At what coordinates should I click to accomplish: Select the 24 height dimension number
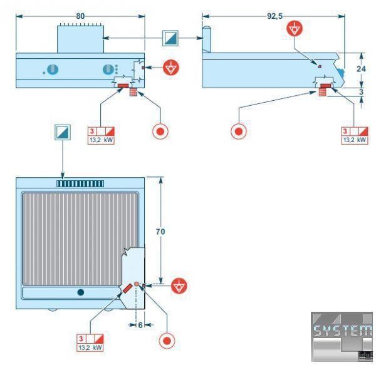pos(360,69)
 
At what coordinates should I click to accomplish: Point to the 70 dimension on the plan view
pos(160,231)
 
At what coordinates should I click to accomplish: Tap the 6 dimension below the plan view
pos(140,325)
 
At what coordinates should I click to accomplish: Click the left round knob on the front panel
pos(53,70)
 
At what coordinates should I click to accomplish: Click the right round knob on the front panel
pos(108,70)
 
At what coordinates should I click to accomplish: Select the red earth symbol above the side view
pos(295,29)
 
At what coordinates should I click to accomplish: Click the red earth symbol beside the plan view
pos(180,286)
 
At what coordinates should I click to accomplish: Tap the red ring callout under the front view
pos(160,132)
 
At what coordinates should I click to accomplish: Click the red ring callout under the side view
pos(239,131)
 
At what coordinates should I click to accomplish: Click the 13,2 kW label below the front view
pos(101,140)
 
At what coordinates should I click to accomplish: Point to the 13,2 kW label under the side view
pos(355,140)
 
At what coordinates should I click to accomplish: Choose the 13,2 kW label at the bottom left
pos(90,347)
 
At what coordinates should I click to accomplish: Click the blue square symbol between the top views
pos(170,38)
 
